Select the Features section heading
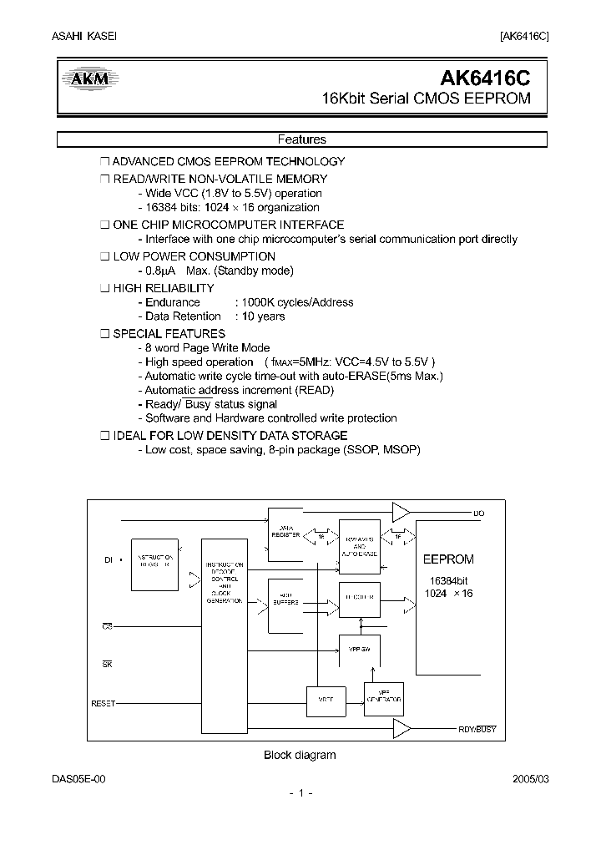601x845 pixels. [x=301, y=140]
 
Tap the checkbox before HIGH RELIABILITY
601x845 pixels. [x=104, y=288]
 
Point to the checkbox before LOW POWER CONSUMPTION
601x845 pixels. [x=104, y=256]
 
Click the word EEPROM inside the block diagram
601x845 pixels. [x=448, y=559]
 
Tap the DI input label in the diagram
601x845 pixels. [x=108, y=560]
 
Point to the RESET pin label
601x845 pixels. [x=103, y=704]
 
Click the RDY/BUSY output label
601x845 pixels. [x=477, y=729]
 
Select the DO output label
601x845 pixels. [x=478, y=514]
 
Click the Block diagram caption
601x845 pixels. [x=300, y=755]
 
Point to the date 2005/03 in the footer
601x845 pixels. [x=531, y=778]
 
